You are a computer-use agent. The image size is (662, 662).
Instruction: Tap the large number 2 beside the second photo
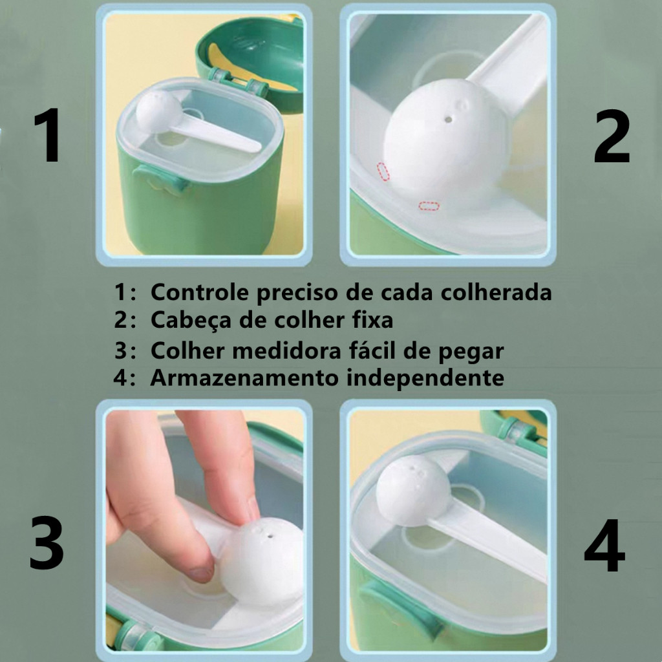[612, 136]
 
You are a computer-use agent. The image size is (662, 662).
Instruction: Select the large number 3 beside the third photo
[47, 543]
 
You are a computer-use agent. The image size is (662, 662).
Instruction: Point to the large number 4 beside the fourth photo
[604, 545]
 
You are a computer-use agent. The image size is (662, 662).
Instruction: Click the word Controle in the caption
[199, 292]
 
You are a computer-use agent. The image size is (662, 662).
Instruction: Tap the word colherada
[496, 292]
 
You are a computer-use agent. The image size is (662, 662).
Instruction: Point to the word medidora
[287, 350]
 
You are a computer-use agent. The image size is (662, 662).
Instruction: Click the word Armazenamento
[244, 378]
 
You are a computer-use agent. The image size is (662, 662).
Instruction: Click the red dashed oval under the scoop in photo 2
[429, 206]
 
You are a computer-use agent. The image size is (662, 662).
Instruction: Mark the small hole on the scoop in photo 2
[449, 120]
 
